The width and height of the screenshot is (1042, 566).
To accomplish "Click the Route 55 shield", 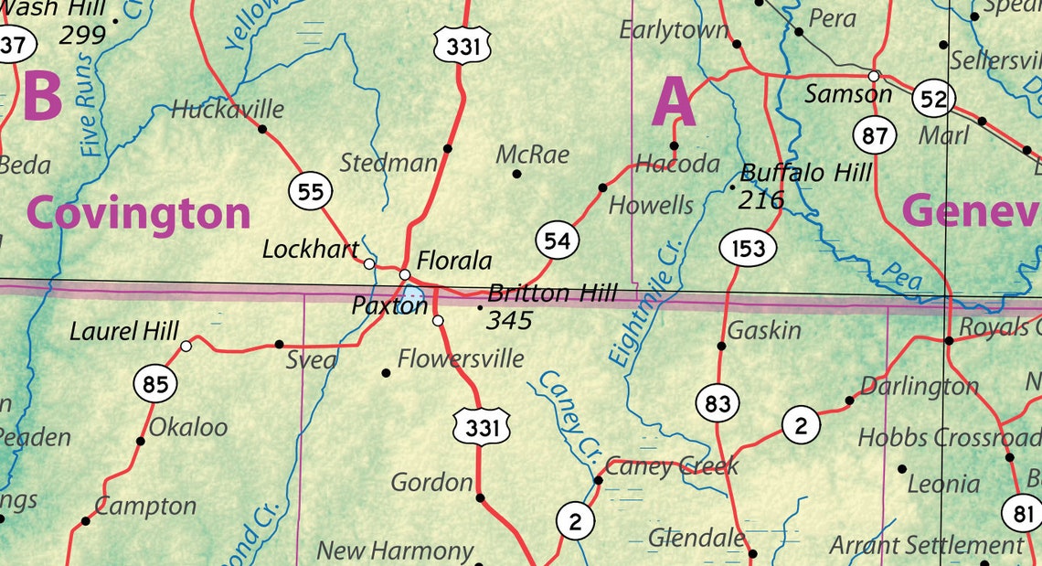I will pyautogui.click(x=311, y=191).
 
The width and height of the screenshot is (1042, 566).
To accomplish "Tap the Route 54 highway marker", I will pyautogui.click(x=557, y=241).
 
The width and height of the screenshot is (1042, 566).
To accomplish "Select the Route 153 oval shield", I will pyautogui.click(x=748, y=248).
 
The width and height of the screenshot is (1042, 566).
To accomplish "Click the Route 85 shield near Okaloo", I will pyautogui.click(x=155, y=384).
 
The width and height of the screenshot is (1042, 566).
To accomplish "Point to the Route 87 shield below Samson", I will pyautogui.click(x=875, y=136).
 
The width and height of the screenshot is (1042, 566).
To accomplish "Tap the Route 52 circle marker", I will pyautogui.click(x=933, y=99).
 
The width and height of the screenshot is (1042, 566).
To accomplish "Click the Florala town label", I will pyautogui.click(x=454, y=262).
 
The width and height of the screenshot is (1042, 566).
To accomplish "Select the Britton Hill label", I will pyautogui.click(x=553, y=294).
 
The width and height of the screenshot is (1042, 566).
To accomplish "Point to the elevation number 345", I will pyautogui.click(x=509, y=320).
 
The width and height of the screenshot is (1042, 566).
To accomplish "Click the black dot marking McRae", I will pyautogui.click(x=516, y=173).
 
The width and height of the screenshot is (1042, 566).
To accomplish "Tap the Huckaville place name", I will pyautogui.click(x=228, y=110).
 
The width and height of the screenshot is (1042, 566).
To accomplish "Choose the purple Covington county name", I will pyautogui.click(x=138, y=213).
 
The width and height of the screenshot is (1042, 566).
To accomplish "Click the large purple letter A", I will pyautogui.click(x=673, y=102).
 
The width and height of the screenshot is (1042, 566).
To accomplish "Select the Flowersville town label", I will pyautogui.click(x=461, y=358).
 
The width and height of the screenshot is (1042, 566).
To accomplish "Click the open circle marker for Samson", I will pyautogui.click(x=874, y=76).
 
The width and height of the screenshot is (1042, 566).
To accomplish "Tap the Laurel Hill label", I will pyautogui.click(x=124, y=331).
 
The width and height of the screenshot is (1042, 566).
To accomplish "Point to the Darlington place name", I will pyautogui.click(x=920, y=386).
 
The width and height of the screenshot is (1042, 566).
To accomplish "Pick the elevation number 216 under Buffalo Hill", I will pyautogui.click(x=761, y=199).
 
